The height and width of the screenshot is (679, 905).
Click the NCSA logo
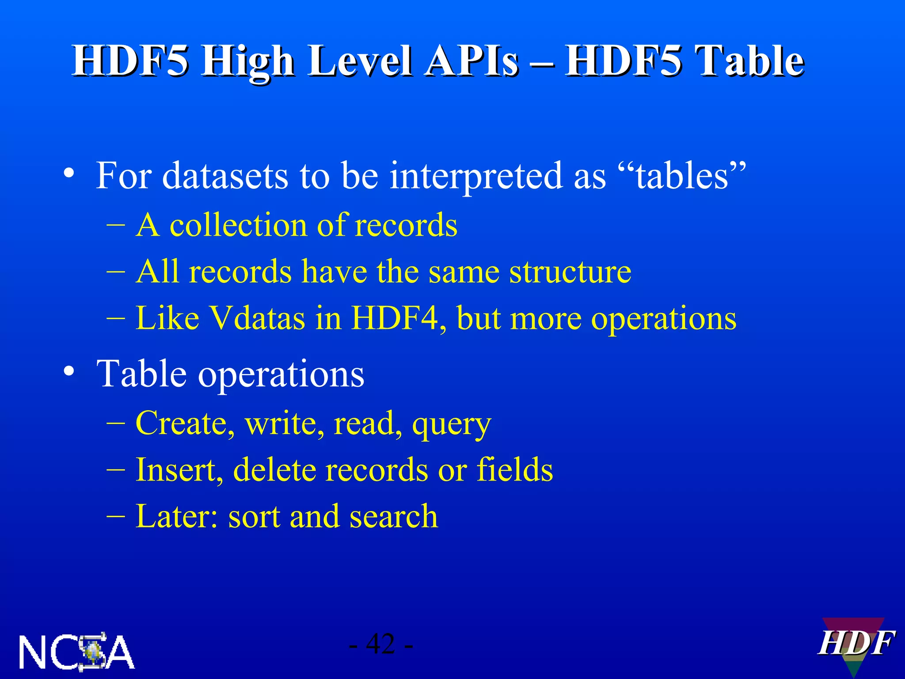[76, 652]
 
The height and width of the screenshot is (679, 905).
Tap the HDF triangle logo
[855, 645]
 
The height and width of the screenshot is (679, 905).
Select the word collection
[239, 225]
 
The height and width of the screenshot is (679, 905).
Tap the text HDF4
[398, 318]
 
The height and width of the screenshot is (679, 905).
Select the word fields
[514, 469]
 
